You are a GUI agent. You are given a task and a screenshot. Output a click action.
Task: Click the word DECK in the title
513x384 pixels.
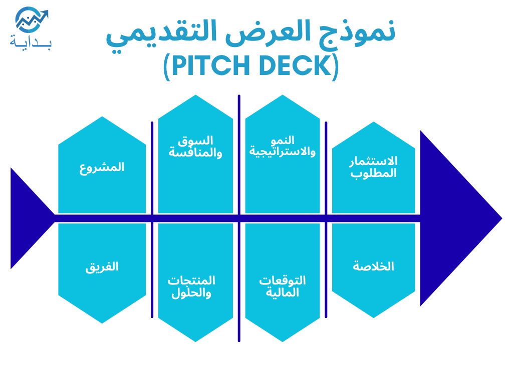coord(296,65)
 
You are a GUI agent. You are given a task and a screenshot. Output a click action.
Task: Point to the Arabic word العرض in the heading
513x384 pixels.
coord(268,32)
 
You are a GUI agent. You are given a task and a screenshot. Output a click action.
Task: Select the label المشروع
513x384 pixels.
coord(102,167)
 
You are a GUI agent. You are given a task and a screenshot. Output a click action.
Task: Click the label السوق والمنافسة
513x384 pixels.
coord(195,146)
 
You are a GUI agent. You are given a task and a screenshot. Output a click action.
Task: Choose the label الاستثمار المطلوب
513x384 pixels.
coord(373,167)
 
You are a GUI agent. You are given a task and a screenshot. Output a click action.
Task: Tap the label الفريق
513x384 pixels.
coord(102,267)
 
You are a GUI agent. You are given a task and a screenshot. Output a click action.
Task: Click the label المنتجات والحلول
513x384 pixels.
coord(191,286)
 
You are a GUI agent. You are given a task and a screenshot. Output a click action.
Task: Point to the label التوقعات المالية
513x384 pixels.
coord(283,286)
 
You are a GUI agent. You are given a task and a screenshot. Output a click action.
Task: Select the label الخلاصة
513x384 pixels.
coord(373,266)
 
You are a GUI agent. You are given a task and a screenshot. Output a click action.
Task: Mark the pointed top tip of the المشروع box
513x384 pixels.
coord(102,116)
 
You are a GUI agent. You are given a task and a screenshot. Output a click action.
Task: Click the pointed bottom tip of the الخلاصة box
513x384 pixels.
coord(373,317)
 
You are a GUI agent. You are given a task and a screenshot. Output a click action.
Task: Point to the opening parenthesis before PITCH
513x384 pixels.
coord(166,67)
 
